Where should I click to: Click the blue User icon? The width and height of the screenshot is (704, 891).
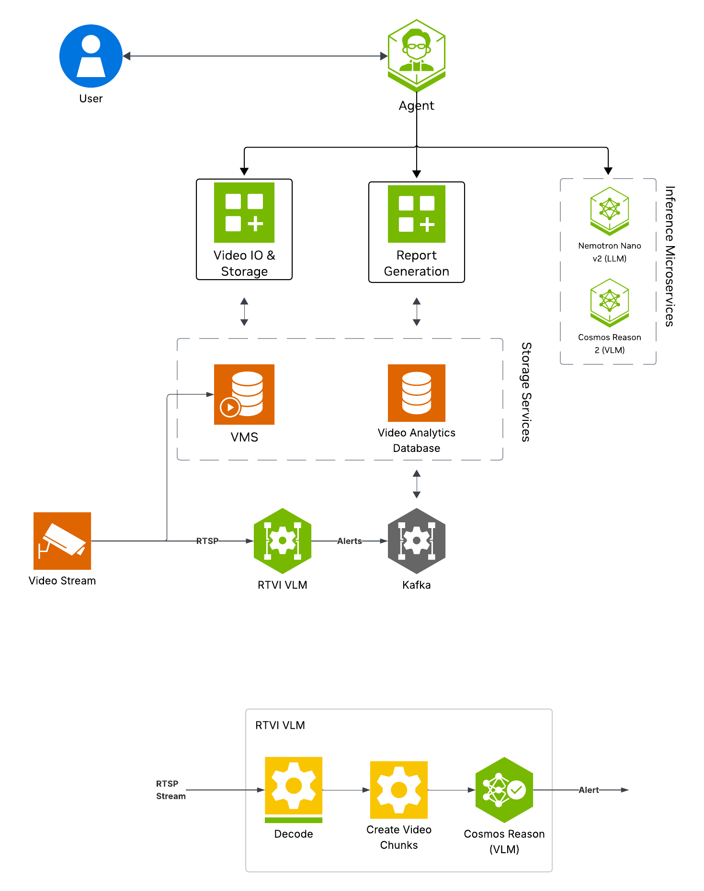pos(91,56)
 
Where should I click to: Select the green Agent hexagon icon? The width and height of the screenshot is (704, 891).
pos(416,55)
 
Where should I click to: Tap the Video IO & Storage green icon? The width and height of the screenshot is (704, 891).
pos(244,213)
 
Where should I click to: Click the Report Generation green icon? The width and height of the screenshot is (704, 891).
pos(416,214)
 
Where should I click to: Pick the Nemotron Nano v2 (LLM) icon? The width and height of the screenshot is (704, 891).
pos(609,211)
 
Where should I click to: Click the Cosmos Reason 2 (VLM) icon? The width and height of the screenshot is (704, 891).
pos(609,302)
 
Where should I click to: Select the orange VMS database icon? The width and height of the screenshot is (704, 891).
pos(244,394)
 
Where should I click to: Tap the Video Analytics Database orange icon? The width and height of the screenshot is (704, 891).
pos(416,393)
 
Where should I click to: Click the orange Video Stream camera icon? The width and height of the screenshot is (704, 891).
pos(62,541)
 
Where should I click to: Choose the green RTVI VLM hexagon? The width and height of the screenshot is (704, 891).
pos(283,541)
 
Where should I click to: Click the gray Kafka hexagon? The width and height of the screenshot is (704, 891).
pos(416,541)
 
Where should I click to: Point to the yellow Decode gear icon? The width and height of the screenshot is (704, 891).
pos(294,786)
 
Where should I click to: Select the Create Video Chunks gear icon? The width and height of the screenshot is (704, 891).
pos(398,789)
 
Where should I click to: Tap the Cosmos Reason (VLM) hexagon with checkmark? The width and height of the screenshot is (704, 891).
pos(504,789)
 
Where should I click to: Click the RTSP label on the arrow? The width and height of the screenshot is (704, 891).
pos(207,541)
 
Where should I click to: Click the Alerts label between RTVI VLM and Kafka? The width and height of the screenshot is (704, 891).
pos(349,541)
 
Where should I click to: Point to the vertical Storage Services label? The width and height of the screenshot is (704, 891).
pos(526,392)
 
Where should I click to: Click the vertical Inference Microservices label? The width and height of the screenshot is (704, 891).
pos(670,256)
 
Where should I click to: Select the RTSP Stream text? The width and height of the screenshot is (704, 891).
pos(170,789)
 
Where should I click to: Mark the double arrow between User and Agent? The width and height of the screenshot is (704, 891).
pos(255,56)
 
